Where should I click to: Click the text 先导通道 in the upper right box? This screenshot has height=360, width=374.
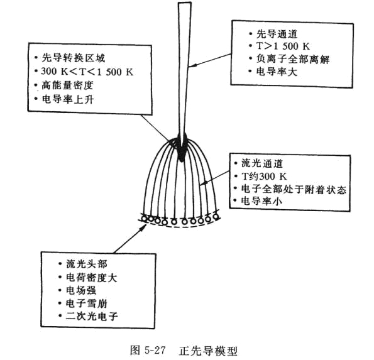[277, 34]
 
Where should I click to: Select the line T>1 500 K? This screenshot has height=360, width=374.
[283, 46]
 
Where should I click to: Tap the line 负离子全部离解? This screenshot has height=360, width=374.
[293, 59]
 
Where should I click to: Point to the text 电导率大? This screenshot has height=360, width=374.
[277, 72]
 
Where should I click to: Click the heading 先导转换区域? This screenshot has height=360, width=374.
[73, 58]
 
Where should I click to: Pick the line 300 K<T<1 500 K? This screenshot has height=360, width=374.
[87, 72]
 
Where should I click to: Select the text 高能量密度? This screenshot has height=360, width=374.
[67, 85]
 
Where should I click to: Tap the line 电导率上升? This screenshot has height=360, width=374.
[67, 99]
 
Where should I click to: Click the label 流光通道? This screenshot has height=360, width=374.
[262, 163]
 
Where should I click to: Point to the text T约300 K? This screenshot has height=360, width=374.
[264, 177]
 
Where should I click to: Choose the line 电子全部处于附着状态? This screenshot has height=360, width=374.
[294, 189]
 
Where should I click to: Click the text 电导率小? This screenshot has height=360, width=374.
[261, 201]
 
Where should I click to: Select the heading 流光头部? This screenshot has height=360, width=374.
[87, 264]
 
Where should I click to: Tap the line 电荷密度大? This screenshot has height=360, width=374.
[91, 277]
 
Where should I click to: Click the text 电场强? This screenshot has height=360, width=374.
[81, 290]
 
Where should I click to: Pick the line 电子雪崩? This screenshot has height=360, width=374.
[86, 303]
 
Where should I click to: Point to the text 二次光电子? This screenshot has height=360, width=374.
[92, 317]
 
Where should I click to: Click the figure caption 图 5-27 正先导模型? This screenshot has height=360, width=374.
[184, 351]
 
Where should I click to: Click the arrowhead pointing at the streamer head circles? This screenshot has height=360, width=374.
[143, 226]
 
